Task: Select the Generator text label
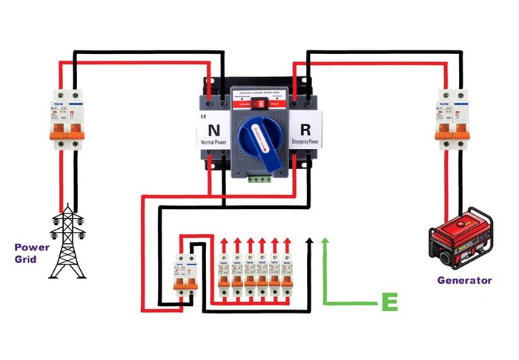(x=464, y=280)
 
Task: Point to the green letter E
(x=389, y=301)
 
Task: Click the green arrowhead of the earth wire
(x=325, y=242)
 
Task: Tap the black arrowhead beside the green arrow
(x=311, y=242)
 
